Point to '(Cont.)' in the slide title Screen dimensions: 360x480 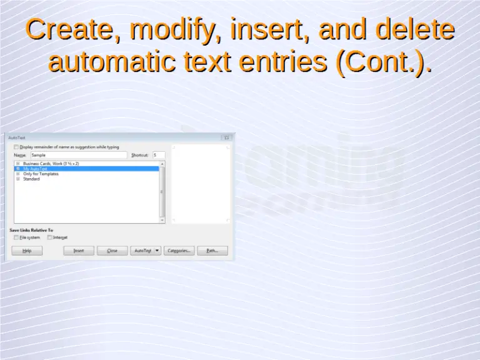383,62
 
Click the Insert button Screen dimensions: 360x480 79,251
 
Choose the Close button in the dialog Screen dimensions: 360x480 112,251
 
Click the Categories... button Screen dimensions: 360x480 179,251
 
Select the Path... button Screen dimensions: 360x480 212,251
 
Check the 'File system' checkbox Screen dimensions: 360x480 16,237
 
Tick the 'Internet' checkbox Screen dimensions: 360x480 49,237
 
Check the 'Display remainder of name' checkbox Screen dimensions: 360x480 16,147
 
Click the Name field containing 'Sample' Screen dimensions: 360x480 78,155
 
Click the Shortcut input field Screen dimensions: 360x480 158,155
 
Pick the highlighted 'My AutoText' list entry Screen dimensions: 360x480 35,169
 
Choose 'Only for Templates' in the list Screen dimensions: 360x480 41,174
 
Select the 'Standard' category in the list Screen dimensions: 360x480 31,179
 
